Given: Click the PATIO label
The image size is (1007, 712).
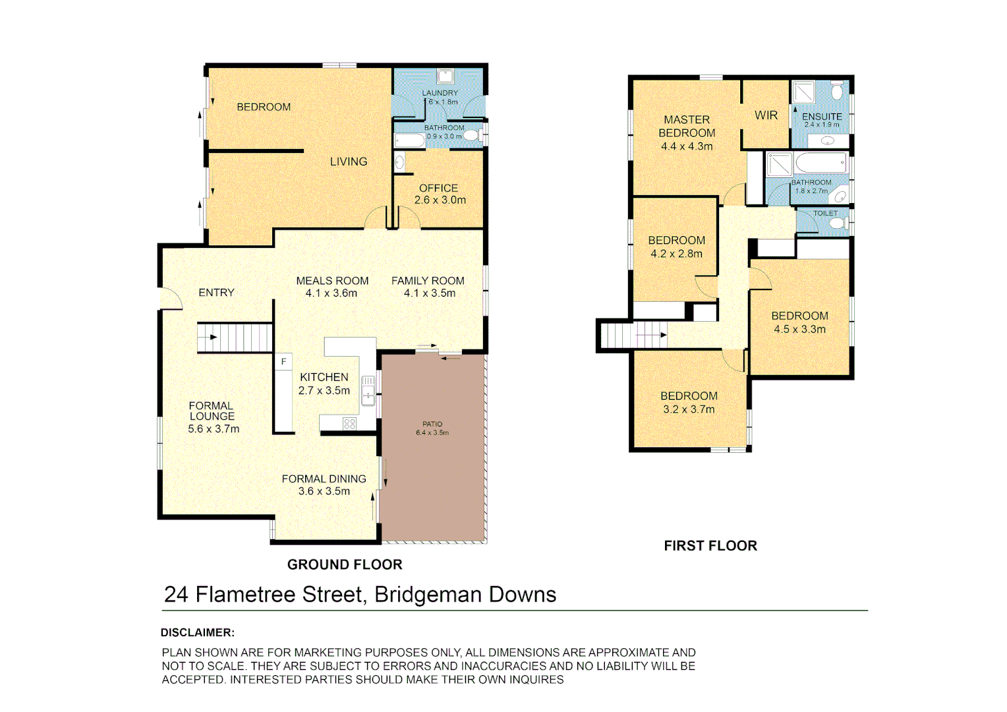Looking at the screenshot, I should (x=432, y=428).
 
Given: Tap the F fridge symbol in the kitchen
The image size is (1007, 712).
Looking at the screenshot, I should (x=283, y=362).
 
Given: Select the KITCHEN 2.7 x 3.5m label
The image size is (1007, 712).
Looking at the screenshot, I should (x=324, y=384).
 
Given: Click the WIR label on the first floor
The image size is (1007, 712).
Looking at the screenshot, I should (x=766, y=115).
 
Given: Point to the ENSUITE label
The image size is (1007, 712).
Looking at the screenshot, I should (x=822, y=117).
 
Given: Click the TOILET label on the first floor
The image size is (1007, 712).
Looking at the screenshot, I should (x=825, y=214).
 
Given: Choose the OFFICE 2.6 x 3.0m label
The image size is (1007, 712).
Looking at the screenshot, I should (x=439, y=194).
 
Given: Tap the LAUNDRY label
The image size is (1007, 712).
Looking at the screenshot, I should (x=440, y=94).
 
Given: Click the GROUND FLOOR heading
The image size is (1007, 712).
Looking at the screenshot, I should (x=345, y=564).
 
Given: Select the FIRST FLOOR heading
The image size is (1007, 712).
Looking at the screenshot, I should (x=710, y=546).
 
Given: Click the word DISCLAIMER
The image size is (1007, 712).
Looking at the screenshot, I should (x=197, y=632).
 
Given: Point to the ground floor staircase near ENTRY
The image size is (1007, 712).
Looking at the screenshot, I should (x=235, y=338).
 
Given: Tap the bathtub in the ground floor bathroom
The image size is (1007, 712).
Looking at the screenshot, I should (x=409, y=140).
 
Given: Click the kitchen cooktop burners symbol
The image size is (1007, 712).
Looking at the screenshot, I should (x=349, y=424).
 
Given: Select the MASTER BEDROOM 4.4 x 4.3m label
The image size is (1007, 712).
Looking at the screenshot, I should (x=687, y=133).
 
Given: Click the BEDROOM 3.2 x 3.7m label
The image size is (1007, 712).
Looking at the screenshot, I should (x=689, y=402).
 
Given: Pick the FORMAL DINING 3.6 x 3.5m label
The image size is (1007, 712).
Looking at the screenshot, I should (x=324, y=485).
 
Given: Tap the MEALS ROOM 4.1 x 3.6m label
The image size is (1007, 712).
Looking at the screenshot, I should (x=332, y=287).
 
